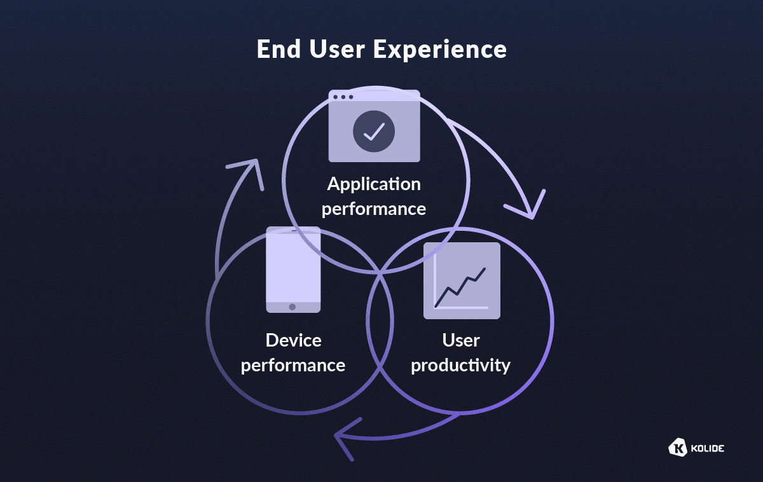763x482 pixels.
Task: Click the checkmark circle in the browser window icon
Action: coord(374,132)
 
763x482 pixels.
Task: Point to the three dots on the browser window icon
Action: coord(343,97)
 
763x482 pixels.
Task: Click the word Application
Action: coord(374,184)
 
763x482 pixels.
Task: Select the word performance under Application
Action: coord(374,209)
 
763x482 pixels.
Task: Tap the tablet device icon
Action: coord(293,270)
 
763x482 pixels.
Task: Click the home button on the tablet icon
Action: coord(292,306)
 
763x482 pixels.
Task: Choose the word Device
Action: coord(293,340)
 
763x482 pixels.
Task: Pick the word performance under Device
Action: coord(293,366)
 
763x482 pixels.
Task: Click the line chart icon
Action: coord(462,280)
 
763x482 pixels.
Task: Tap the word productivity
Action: coord(461,366)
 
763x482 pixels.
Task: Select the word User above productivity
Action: coord(461,340)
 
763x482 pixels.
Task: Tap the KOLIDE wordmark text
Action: coord(706,448)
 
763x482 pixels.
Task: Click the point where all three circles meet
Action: coord(380,272)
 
